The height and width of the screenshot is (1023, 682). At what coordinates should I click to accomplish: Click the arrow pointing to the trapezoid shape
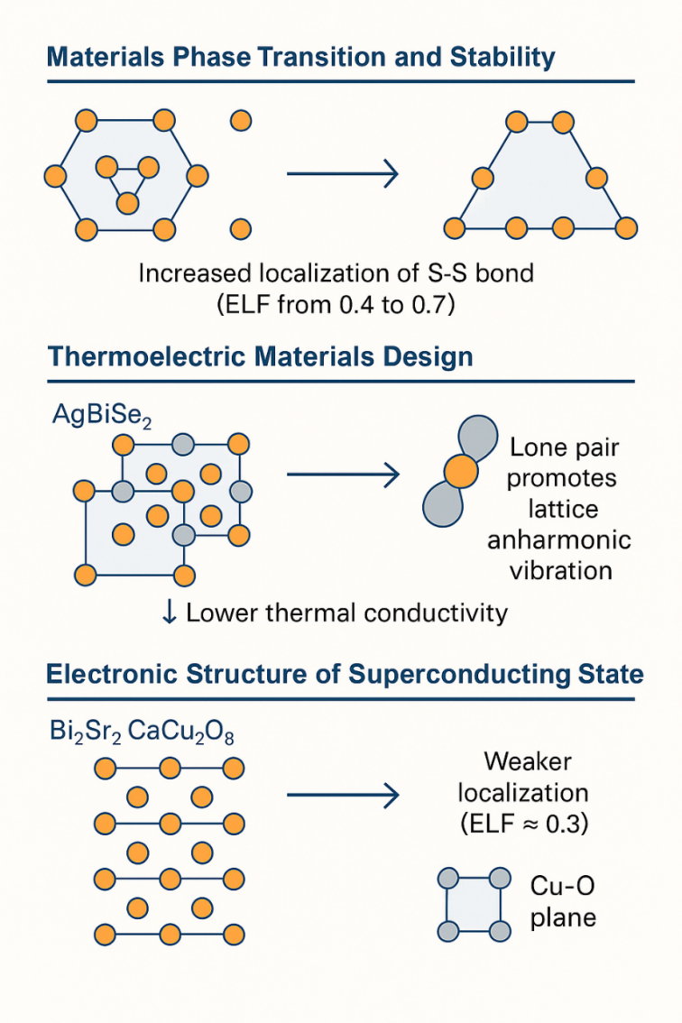point(342,173)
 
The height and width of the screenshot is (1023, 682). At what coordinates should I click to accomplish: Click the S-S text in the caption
point(442,272)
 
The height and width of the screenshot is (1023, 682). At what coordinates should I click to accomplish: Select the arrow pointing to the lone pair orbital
point(342,473)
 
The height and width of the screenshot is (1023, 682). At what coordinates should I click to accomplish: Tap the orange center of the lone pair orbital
point(459,470)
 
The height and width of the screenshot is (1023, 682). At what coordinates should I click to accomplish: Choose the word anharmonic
point(558,540)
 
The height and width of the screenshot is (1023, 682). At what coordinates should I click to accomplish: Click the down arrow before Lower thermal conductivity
point(169,613)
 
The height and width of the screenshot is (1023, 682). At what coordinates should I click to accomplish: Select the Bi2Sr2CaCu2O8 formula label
point(142,731)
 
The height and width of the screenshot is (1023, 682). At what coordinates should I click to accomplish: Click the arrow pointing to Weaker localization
point(342,795)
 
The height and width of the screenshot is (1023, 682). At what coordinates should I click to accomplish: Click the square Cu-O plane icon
point(471,905)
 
